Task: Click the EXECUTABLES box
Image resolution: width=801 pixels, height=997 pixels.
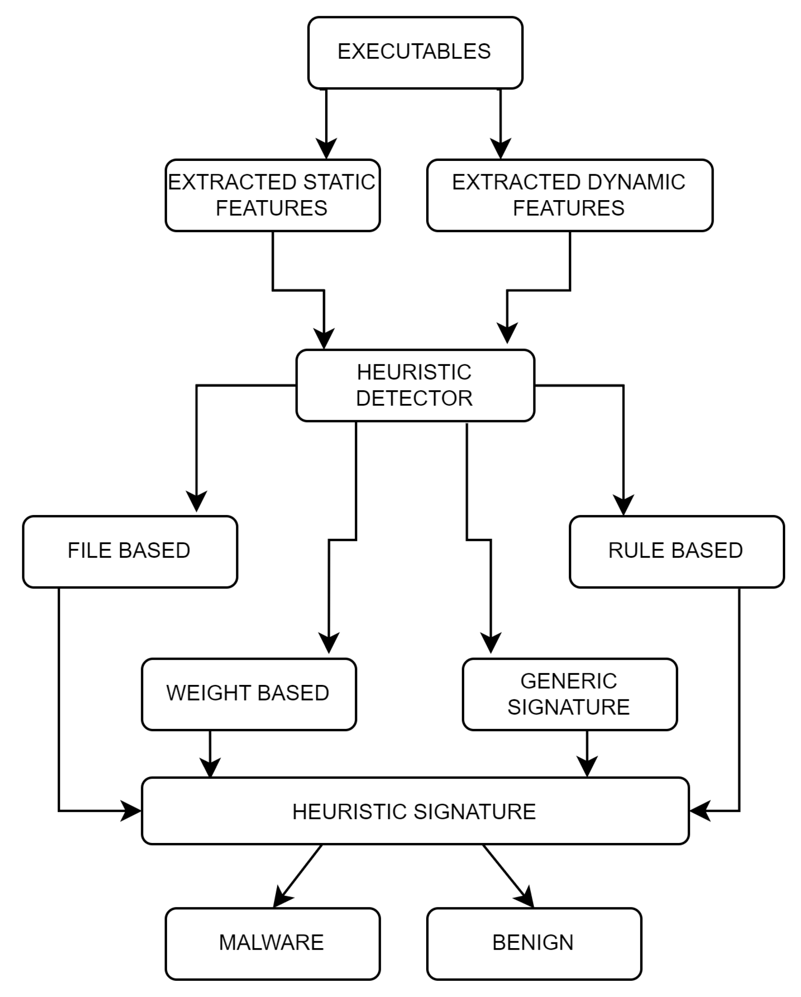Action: [415, 52]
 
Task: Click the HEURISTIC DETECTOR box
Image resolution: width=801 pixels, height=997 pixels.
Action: [415, 385]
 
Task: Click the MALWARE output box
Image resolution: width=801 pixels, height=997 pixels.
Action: [273, 943]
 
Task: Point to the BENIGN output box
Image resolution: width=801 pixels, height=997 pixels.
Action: [534, 943]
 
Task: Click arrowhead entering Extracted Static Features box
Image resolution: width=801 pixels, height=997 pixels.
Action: [326, 149]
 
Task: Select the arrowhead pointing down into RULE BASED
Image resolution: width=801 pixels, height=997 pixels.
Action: [623, 505]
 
